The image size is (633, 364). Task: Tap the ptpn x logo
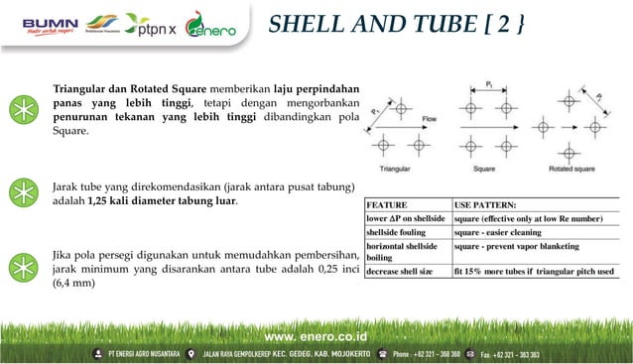151,27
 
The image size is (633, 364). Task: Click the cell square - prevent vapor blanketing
525,246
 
